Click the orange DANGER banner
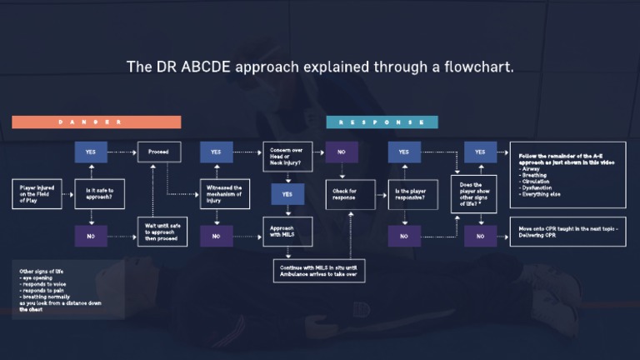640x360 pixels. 96,122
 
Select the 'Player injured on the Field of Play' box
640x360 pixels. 37,194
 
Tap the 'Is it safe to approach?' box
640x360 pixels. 100,194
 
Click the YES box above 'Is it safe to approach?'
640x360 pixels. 91,152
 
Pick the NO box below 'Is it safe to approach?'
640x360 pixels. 91,236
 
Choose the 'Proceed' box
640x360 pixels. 158,152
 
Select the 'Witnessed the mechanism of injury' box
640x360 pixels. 225,194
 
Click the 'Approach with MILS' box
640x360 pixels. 287,231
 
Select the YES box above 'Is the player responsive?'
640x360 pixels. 404,152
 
